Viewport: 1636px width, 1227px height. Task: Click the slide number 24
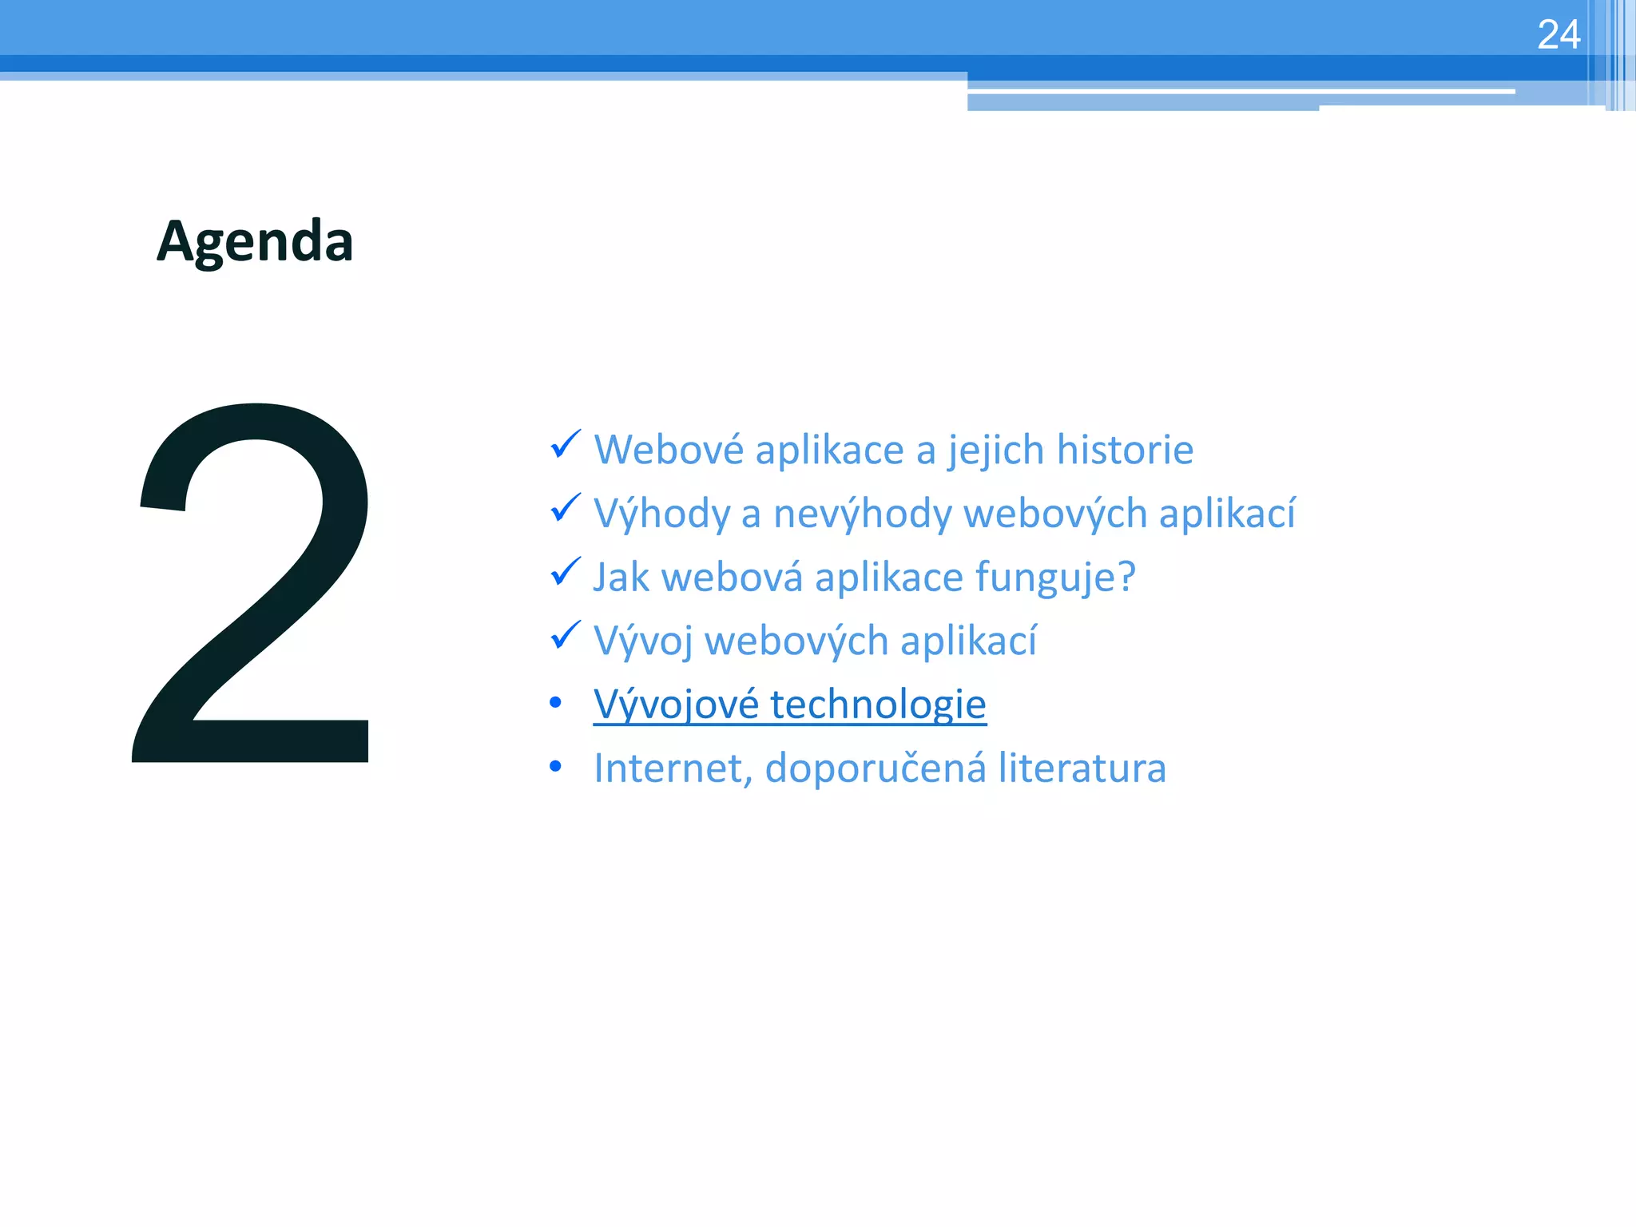tap(1558, 35)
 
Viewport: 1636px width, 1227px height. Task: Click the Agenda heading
tap(255, 241)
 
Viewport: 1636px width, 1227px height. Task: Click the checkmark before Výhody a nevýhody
tap(565, 508)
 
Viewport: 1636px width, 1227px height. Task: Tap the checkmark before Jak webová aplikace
tap(565, 572)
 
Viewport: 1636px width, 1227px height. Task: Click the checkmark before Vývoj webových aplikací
tap(565, 636)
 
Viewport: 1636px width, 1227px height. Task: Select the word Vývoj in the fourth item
tap(643, 641)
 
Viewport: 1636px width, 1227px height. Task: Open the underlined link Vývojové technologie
tap(789, 705)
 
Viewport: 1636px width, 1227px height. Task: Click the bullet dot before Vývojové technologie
tap(556, 703)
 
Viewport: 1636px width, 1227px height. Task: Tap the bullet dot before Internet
tap(556, 767)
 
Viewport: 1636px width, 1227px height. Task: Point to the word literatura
tap(1082, 768)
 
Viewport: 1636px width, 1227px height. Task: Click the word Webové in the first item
tap(669, 449)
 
